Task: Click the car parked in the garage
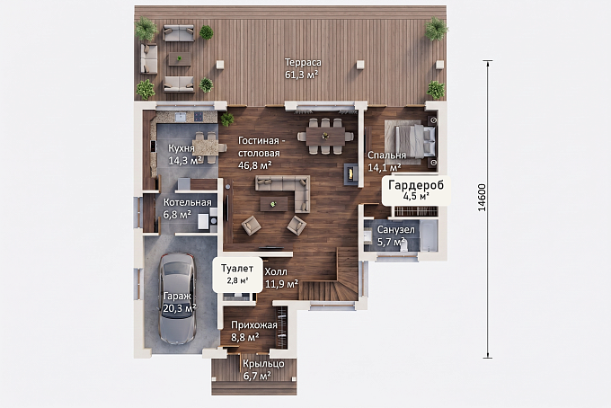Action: point(177,298)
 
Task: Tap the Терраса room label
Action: point(303,63)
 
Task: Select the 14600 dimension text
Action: point(482,198)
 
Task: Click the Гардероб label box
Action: point(416,191)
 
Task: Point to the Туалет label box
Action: point(237,274)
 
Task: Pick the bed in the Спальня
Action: point(411,143)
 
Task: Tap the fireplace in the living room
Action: point(351,173)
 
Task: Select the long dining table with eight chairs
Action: point(325,137)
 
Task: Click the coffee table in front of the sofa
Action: point(274,204)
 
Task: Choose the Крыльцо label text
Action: point(264,364)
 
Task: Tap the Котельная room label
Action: point(188,202)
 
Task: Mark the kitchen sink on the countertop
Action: point(180,117)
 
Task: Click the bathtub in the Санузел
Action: point(429,235)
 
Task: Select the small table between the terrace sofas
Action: point(179,59)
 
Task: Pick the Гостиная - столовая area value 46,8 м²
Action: point(255,165)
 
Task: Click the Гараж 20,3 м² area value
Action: point(180,308)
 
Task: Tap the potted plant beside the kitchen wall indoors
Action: point(226,119)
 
